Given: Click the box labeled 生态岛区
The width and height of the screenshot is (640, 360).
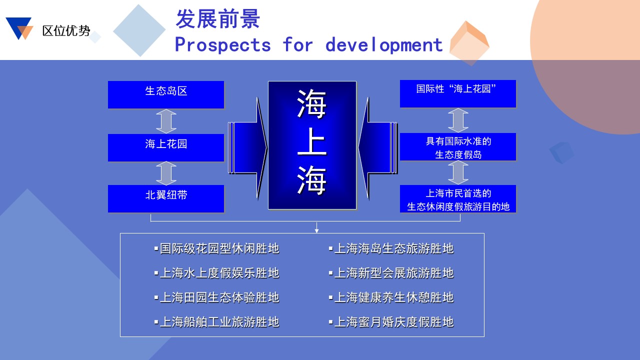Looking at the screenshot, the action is (166, 94).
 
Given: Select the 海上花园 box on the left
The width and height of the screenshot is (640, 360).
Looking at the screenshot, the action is (166, 147).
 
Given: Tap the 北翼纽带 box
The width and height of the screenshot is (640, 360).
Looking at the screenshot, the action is (166, 198).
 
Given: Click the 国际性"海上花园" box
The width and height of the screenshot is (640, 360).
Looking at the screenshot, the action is (457, 93).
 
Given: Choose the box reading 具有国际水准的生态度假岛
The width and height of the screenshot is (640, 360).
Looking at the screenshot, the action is (457, 146).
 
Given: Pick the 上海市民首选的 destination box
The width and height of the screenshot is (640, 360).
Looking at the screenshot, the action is (457, 198).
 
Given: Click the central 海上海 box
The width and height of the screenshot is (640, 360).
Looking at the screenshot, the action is (312, 145).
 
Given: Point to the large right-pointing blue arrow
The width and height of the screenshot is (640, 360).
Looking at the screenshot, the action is (247, 148).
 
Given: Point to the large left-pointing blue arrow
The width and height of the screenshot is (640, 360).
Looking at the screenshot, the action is (377, 148).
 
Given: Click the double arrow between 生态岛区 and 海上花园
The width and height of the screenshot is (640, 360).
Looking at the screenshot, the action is (166, 121).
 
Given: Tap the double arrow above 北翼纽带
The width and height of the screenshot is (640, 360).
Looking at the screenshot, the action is (166, 173).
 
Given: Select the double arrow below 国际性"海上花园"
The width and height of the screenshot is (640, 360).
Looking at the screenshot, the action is (458, 120).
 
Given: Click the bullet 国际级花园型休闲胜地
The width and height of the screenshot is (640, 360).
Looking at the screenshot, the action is (216, 248).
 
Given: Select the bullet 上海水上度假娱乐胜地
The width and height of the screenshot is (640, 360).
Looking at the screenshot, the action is (216, 273).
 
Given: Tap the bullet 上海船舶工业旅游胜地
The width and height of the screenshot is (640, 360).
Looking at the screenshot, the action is (216, 322).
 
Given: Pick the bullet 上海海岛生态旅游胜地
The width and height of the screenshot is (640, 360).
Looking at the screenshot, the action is (391, 248).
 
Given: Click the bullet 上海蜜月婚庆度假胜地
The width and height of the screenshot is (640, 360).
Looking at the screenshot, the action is (391, 322).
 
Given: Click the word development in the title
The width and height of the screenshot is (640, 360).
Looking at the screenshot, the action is (384, 45).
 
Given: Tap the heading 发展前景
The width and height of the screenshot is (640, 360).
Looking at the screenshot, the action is (217, 19).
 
